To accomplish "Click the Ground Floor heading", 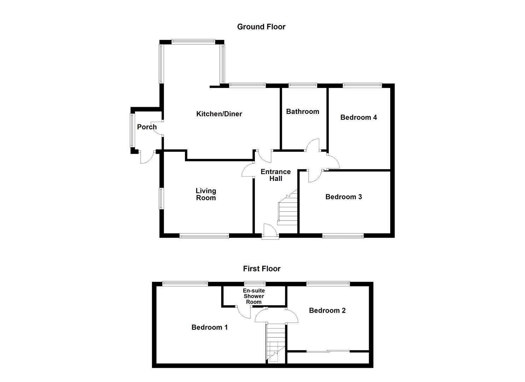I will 261,27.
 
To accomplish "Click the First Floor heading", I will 262,269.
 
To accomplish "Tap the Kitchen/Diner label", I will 219,114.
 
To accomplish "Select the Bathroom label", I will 303,112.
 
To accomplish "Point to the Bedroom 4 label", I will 358,117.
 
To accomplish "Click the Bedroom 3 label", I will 344,197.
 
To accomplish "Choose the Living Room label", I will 206,194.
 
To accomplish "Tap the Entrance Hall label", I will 276,175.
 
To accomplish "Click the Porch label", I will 147,127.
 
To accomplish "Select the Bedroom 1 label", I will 210,328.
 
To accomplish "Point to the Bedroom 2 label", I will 327,311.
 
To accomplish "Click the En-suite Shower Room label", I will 254,296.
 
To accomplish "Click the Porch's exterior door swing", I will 148,157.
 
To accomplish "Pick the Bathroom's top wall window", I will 303,85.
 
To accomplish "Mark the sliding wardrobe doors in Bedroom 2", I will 328,351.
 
